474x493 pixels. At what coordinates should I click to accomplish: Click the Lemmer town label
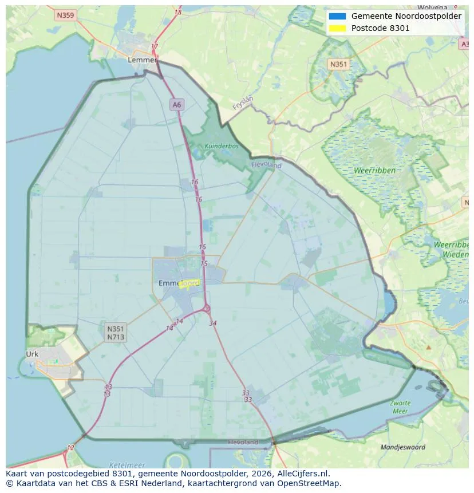click(x=143, y=60)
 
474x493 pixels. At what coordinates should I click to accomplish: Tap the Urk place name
click(x=32, y=354)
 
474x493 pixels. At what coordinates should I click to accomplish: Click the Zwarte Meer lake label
click(x=400, y=407)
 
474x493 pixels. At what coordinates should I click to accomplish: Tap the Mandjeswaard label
click(x=402, y=447)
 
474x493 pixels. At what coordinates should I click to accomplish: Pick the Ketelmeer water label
click(x=127, y=465)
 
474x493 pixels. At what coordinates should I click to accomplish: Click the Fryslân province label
click(x=243, y=103)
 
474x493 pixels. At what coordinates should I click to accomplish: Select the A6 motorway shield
click(x=176, y=104)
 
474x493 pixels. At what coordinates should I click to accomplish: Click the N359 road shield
click(x=65, y=15)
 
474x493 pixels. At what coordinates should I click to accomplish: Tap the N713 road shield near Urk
click(x=115, y=337)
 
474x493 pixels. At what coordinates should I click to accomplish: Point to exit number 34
click(x=213, y=324)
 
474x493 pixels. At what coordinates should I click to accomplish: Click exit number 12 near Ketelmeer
click(x=70, y=448)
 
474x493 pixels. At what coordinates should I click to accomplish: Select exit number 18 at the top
click(x=177, y=12)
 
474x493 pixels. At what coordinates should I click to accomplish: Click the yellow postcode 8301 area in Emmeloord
click(x=189, y=284)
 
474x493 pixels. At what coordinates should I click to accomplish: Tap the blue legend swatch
click(x=337, y=17)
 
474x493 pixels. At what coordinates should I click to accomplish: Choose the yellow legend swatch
click(x=337, y=28)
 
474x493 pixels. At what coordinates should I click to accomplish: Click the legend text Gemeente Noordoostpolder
click(x=406, y=17)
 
